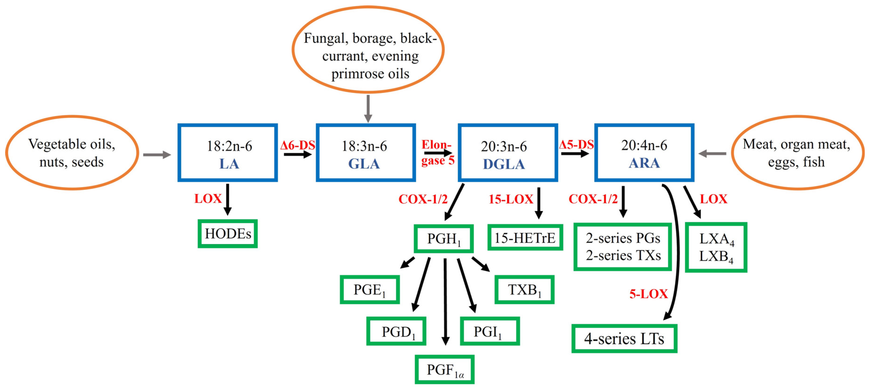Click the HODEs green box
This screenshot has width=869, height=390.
228,234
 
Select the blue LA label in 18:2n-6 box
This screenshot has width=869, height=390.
229,164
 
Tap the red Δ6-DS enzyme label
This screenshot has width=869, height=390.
298,145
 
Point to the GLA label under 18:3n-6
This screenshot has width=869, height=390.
364,164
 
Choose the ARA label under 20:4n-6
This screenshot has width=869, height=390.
644,163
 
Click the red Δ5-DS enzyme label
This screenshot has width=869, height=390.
576,145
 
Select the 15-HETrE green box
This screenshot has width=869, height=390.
525,238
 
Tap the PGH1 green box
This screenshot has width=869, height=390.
444,239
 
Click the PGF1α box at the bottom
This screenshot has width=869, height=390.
445,370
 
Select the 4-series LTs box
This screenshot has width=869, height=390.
624,339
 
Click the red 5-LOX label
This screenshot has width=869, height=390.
648,294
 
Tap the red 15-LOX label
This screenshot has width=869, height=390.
511,199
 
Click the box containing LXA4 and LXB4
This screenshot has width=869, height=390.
716,247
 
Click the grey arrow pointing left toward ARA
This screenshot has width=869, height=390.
712,154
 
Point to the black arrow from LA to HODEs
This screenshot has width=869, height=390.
228,199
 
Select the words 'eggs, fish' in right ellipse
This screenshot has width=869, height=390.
796,162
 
